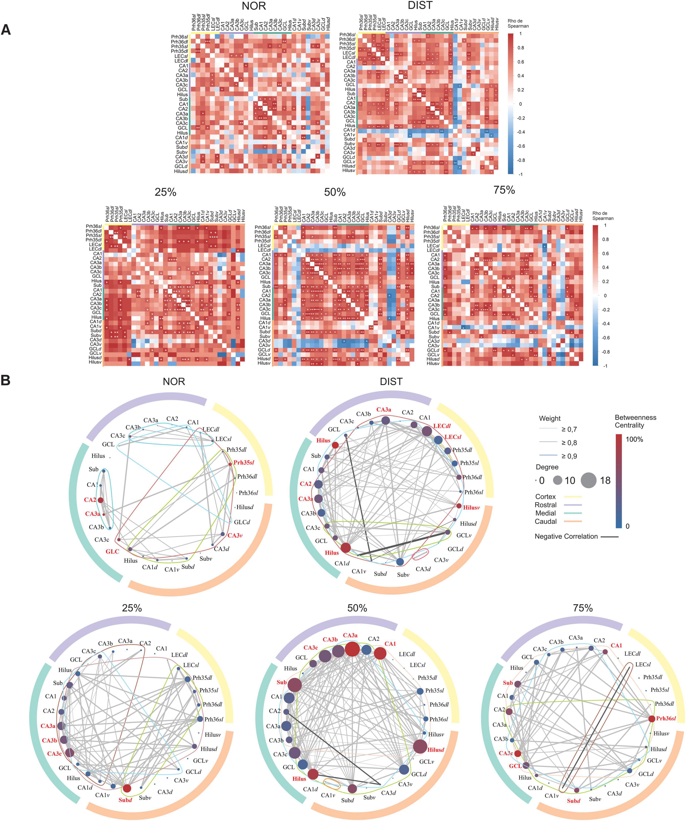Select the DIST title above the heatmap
[420, 6]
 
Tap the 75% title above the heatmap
[504, 190]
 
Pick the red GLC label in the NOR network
[113, 552]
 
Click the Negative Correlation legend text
[566, 536]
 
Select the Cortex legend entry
[545, 497]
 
